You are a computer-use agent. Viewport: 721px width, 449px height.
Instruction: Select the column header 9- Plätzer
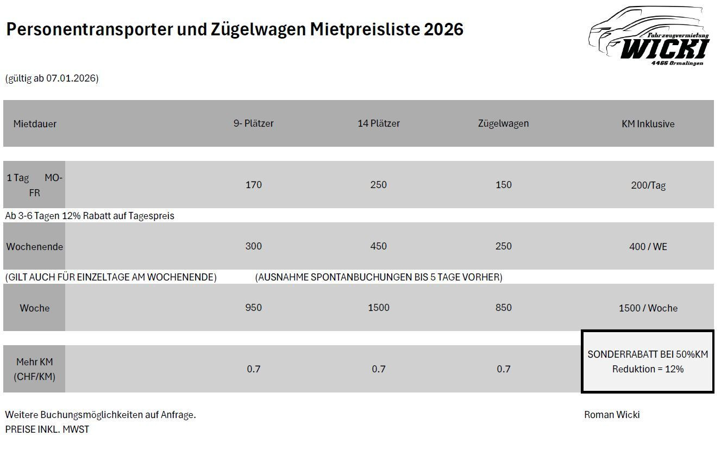pos(253,123)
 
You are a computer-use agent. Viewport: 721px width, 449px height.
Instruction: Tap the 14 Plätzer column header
pos(378,123)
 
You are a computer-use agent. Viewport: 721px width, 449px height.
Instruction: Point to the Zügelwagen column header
pos(503,123)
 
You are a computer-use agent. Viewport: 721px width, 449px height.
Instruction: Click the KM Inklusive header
pos(648,124)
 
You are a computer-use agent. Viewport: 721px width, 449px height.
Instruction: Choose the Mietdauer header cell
pos(35,124)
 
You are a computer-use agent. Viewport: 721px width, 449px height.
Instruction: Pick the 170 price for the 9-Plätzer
pos(253,185)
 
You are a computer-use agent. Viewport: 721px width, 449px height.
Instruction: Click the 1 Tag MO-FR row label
pos(34,185)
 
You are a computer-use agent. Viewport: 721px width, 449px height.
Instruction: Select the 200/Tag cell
pos(648,185)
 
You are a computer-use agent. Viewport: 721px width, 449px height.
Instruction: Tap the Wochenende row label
pos(34,246)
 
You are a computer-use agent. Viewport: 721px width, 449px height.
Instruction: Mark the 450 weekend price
pos(378,246)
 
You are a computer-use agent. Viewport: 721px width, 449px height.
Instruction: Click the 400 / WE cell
pos(648,247)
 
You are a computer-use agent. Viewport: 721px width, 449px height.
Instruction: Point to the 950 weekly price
pos(253,308)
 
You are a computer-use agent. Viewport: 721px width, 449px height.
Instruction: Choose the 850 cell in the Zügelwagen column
pos(503,308)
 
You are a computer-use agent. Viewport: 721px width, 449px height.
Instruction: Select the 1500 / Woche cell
pos(648,308)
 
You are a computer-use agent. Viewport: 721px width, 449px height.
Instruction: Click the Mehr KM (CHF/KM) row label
pos(34,369)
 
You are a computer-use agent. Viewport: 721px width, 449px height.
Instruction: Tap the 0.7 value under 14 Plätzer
pos(378,369)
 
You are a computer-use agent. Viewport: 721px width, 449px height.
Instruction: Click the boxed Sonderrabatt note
pos(648,361)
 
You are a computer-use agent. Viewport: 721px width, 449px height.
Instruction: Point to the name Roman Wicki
pos(612,415)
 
